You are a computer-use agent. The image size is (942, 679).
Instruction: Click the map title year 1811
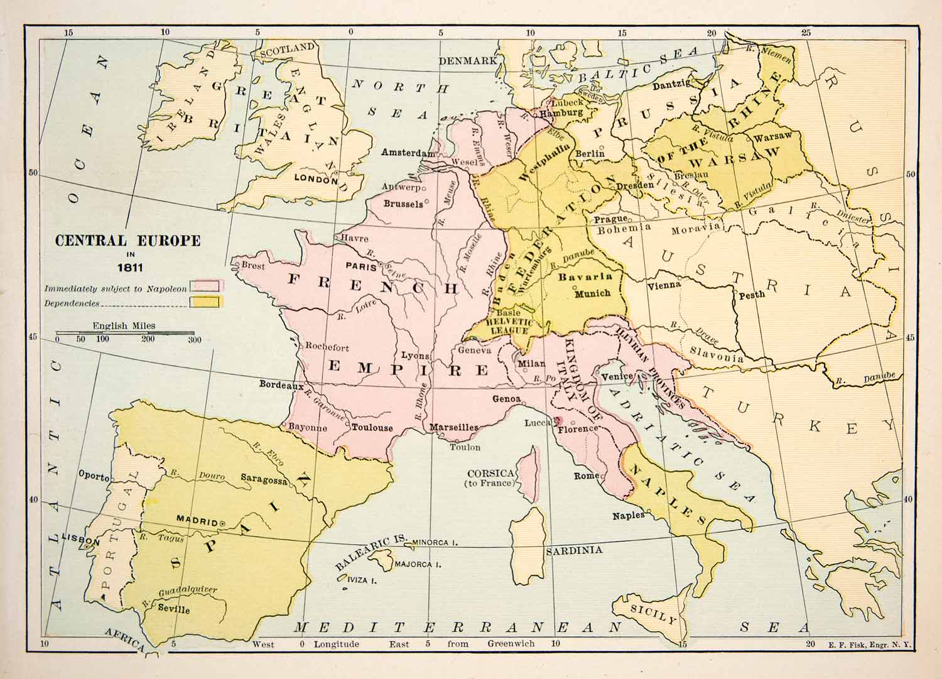coord(129,267)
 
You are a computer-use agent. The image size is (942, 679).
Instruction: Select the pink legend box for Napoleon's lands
coord(206,286)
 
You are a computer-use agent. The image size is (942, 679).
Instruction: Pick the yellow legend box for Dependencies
coord(206,302)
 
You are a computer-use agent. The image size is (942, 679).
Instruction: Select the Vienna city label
coord(664,285)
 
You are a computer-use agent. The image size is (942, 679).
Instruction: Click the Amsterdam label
coord(408,153)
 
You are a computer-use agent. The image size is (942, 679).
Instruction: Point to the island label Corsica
coord(491,473)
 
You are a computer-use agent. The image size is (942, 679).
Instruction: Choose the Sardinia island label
coord(574,550)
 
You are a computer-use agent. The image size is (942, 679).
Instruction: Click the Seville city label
coord(174,609)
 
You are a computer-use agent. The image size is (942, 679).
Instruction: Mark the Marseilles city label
coord(453,428)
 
